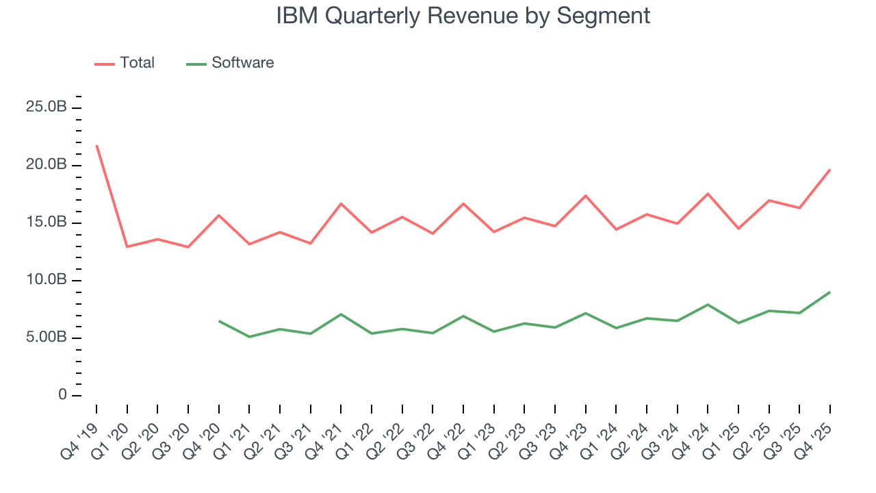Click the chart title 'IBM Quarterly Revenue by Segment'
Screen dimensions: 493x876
coord(463,16)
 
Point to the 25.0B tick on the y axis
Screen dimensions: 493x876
coord(47,108)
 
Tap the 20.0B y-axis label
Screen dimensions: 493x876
coord(47,165)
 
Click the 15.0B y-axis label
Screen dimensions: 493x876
coord(47,223)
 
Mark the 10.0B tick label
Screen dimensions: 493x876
coord(47,280)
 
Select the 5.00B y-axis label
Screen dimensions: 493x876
coord(47,338)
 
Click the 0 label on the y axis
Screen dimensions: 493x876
coord(63,395)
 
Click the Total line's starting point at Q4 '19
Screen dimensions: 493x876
coord(96,145)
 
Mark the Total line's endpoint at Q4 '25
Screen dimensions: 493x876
coord(830,169)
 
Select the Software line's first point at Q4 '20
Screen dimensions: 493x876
coord(219,320)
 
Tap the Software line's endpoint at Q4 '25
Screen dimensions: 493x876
coord(830,292)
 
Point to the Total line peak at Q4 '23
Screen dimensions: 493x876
coord(586,196)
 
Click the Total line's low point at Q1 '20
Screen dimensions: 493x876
coord(127,246)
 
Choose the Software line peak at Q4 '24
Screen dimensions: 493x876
coord(708,305)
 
